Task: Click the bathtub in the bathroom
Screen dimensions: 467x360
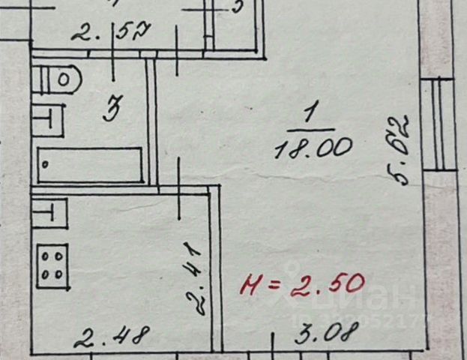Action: pos(89,164)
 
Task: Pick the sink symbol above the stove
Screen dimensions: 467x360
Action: pos(49,211)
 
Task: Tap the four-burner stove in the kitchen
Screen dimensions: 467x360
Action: pos(52,262)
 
